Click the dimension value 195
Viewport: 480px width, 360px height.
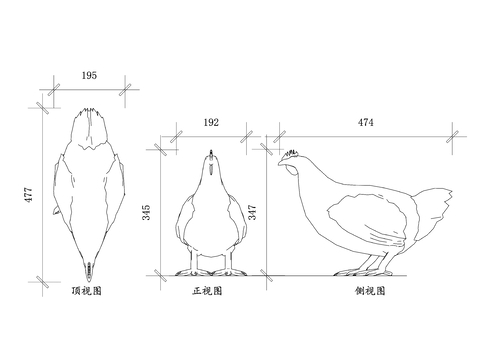(x=88, y=76)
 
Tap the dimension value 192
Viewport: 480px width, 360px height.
(x=211, y=123)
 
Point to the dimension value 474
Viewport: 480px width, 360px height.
(x=366, y=122)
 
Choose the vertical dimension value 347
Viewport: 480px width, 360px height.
(x=253, y=212)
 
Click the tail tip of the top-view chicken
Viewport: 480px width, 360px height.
(x=88, y=270)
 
